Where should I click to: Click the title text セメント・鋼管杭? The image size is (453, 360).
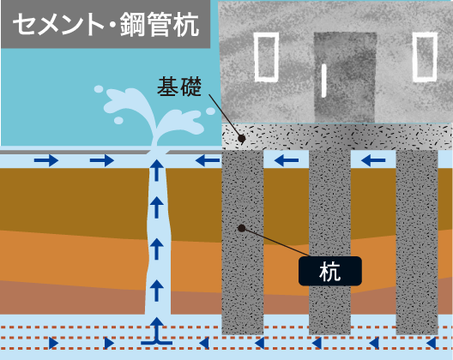(x=106, y=25)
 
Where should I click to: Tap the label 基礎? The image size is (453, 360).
(x=179, y=87)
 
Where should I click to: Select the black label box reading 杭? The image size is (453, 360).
(x=330, y=271)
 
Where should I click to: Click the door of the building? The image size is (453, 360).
(x=345, y=77)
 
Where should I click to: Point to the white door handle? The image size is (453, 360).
(x=323, y=81)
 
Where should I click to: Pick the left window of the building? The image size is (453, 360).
(x=266, y=57)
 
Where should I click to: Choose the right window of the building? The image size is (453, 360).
(x=425, y=57)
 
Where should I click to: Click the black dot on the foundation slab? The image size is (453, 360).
(x=242, y=139)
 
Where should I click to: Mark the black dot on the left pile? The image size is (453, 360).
(x=242, y=228)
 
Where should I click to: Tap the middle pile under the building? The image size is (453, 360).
(x=329, y=243)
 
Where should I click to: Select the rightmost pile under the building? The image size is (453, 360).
(x=417, y=243)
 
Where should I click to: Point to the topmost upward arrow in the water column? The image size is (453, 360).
(x=157, y=170)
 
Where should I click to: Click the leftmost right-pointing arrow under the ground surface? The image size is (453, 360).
(x=46, y=160)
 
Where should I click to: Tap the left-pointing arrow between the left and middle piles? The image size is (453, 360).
(x=287, y=160)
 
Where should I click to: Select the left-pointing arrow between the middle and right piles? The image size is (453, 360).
(x=373, y=160)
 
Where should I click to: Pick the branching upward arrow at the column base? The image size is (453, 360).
(x=157, y=331)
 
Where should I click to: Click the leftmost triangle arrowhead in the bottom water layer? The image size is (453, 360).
(x=54, y=343)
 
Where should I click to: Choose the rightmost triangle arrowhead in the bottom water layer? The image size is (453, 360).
(x=432, y=343)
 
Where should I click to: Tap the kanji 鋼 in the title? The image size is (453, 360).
(x=131, y=25)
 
